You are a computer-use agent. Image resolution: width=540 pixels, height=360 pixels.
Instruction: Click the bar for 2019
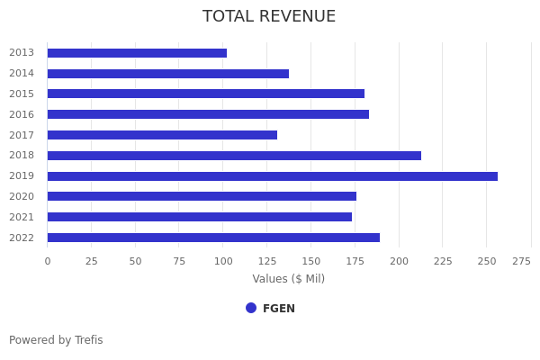[x=272, y=176]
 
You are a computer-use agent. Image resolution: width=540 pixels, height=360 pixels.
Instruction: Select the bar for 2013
[x=137, y=53]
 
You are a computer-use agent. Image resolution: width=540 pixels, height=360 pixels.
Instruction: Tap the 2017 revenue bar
[x=162, y=135]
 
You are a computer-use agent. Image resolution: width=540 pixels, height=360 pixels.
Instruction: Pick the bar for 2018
[x=234, y=156]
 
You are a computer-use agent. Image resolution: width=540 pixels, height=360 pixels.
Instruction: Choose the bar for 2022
[x=213, y=238]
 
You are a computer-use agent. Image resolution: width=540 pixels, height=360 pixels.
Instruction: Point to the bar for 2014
[x=168, y=74]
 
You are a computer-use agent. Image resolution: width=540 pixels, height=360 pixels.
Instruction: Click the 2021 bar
[x=200, y=217]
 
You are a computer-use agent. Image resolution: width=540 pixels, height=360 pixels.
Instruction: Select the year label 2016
[x=22, y=114]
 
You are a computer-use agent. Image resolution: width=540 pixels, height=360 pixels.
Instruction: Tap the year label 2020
[x=22, y=196]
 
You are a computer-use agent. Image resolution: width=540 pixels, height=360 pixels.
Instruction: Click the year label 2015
[x=22, y=94]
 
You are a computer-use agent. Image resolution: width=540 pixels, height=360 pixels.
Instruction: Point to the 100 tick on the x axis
[x=223, y=261]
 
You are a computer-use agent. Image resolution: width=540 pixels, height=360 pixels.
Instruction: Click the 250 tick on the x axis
[x=487, y=261]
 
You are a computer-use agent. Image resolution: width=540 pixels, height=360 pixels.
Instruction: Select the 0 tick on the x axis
[x=48, y=261]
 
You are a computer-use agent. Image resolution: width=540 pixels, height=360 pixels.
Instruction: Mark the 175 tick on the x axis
[x=355, y=261]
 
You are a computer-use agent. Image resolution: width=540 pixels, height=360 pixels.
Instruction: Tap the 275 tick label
[x=521, y=261]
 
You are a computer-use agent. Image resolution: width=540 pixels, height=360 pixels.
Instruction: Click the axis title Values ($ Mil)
[x=288, y=279]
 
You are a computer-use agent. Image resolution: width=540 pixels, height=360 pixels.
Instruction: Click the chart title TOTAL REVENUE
[x=269, y=17]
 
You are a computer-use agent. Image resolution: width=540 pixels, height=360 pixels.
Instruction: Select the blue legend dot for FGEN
[x=251, y=308]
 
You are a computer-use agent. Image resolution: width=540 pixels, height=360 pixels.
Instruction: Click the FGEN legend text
[x=279, y=309]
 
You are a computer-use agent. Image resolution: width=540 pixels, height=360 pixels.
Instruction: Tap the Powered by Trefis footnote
[x=56, y=340]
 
